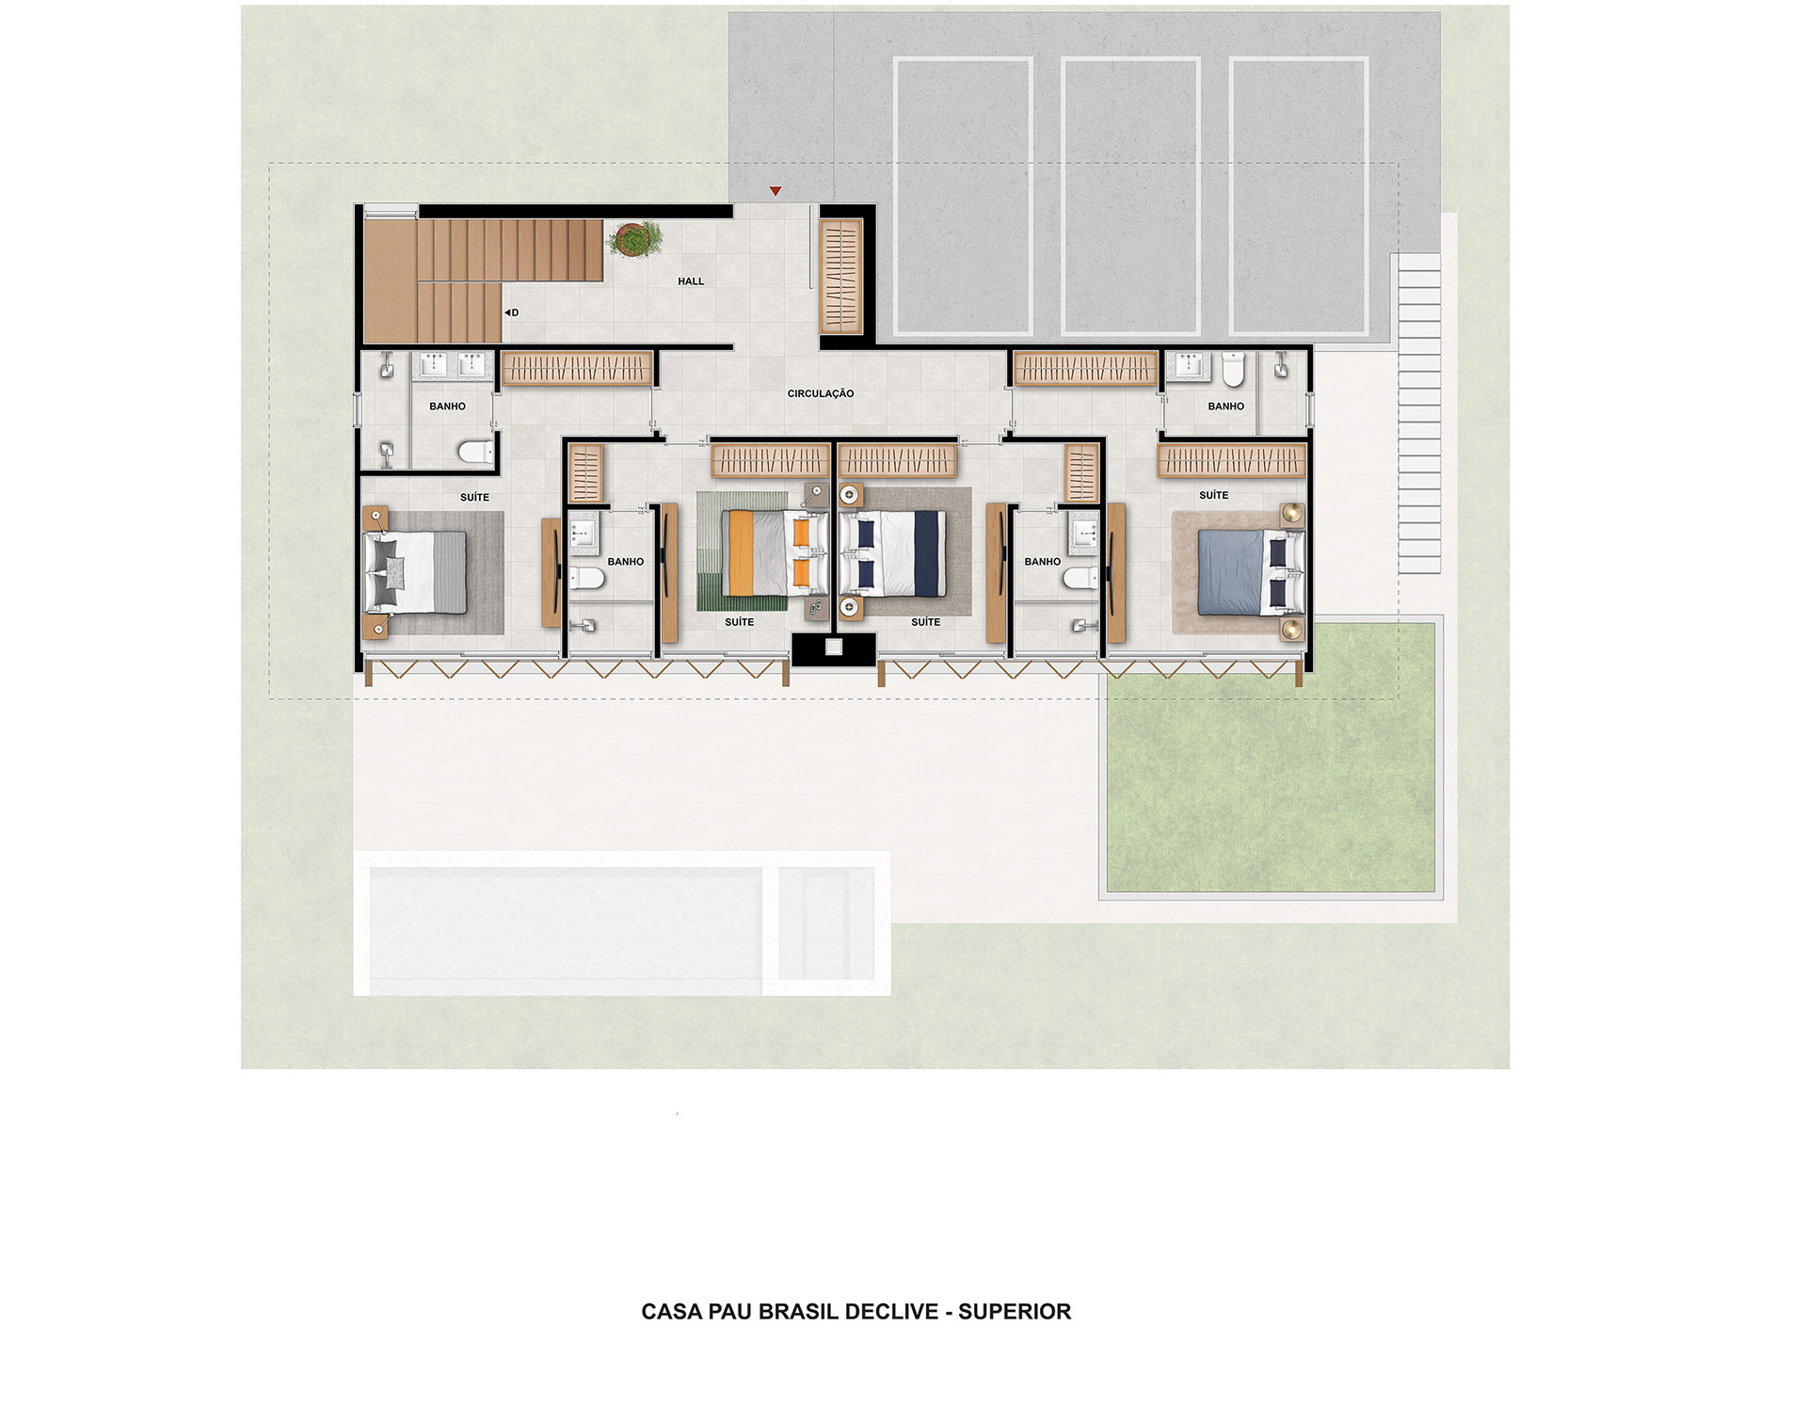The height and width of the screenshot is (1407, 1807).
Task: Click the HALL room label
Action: pyautogui.click(x=691, y=281)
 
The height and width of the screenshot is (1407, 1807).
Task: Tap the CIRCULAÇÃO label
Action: pyautogui.click(x=821, y=393)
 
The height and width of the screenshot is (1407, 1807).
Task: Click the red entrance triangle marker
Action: pyautogui.click(x=776, y=191)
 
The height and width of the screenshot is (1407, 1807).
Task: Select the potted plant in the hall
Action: pyautogui.click(x=635, y=238)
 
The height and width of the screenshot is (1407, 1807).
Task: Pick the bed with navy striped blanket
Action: pyautogui.click(x=893, y=553)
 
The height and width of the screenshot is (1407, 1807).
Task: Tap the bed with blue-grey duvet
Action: pyautogui.click(x=1251, y=571)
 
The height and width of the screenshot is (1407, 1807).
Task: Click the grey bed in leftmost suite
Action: pyautogui.click(x=415, y=571)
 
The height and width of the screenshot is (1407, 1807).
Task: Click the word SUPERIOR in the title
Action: pyautogui.click(x=1015, y=1312)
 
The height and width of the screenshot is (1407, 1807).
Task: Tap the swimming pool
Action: pyautogui.click(x=622, y=923)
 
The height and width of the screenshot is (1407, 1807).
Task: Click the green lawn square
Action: pyautogui.click(x=1271, y=759)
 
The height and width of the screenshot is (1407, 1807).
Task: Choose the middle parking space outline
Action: pyautogui.click(x=1130, y=197)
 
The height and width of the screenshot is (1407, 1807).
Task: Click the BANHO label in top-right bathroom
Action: pyautogui.click(x=1225, y=407)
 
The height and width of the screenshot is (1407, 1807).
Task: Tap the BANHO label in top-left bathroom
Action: pyautogui.click(x=447, y=407)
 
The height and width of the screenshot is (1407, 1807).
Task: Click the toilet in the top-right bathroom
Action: pyautogui.click(x=1233, y=369)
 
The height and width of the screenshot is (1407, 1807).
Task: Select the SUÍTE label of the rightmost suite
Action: pyautogui.click(x=1213, y=495)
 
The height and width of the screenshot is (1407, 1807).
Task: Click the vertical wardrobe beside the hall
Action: pyautogui.click(x=840, y=277)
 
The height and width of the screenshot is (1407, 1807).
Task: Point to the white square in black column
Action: pyautogui.click(x=833, y=648)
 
